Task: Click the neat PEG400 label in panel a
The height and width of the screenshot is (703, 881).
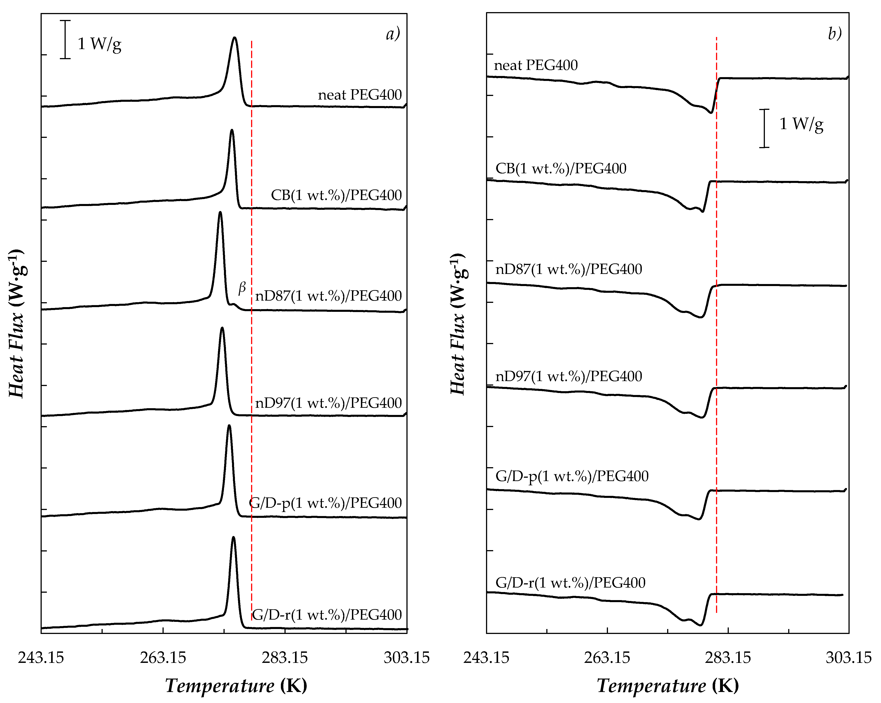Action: click(x=360, y=95)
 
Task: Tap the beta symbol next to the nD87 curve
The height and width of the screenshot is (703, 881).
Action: click(x=242, y=288)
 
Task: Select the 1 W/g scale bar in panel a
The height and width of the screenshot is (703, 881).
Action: click(x=65, y=40)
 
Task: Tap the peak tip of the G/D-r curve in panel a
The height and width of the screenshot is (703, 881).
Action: click(x=233, y=538)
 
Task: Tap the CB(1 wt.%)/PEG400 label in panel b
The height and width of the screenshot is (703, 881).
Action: click(x=561, y=168)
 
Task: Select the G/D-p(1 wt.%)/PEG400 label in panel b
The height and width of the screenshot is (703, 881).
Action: click(x=572, y=476)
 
